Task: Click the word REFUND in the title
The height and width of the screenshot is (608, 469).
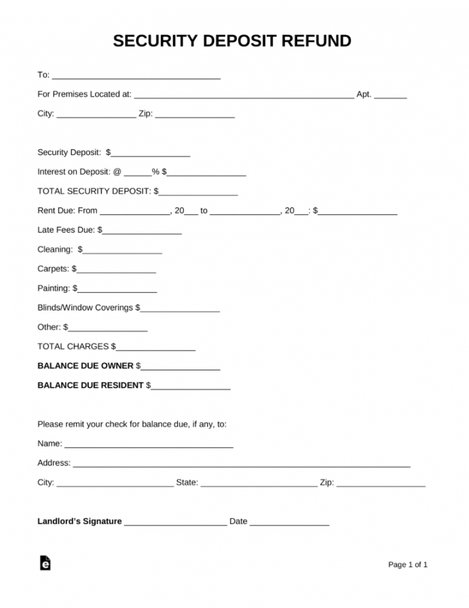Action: click(316, 42)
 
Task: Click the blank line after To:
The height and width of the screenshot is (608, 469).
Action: click(136, 76)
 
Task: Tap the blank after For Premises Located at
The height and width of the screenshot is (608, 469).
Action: click(244, 96)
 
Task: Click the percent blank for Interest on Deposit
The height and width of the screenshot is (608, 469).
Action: click(138, 173)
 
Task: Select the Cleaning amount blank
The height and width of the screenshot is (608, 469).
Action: click(123, 251)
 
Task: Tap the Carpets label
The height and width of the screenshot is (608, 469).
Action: click(53, 269)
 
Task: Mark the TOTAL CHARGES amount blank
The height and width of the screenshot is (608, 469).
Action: click(156, 348)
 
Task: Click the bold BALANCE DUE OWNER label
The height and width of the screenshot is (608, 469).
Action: click(86, 365)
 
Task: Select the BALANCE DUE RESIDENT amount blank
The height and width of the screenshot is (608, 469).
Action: click(191, 386)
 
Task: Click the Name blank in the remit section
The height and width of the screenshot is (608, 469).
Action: click(149, 445)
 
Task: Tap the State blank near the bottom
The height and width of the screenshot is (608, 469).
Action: click(258, 484)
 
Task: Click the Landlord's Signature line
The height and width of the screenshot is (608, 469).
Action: click(175, 523)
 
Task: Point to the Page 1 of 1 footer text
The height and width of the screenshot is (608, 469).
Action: click(408, 564)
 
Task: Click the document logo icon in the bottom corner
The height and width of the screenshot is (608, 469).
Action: click(45, 563)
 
